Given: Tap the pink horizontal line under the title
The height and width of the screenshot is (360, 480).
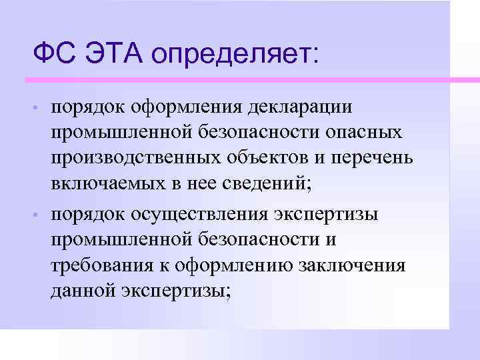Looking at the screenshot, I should [240, 80].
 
